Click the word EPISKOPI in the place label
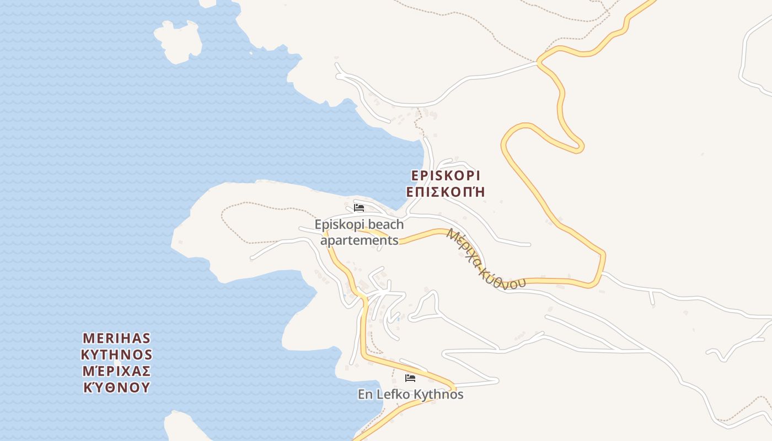[446, 175]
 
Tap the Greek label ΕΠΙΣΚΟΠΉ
[446, 192]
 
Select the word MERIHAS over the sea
[116, 337]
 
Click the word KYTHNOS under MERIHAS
[116, 354]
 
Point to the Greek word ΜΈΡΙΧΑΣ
[116, 370]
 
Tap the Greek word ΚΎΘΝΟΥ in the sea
[116, 387]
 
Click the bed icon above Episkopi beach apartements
[359, 208]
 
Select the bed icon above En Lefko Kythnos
[410, 378]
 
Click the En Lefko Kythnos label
[410, 395]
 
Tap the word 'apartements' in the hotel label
[359, 240]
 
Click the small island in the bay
[178, 41]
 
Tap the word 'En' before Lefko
[365, 395]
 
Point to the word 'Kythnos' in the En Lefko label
[438, 395]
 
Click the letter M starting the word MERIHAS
[88, 337]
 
